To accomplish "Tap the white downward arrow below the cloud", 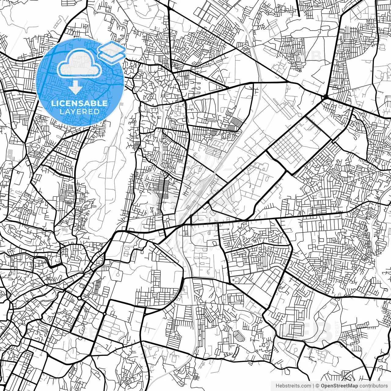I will coord(75,89).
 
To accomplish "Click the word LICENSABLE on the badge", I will coord(79,103).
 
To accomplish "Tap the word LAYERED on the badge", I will coord(79,111).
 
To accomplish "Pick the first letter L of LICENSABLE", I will coord(53,103).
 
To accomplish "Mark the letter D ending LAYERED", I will coord(97,111).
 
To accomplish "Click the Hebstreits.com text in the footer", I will coord(293,386).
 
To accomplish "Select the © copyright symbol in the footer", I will coord(317,386).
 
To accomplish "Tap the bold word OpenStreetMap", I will coord(339,386).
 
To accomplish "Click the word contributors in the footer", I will coord(373,386).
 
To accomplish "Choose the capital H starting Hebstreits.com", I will coord(277,386).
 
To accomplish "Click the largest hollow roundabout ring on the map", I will coord(79,298).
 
